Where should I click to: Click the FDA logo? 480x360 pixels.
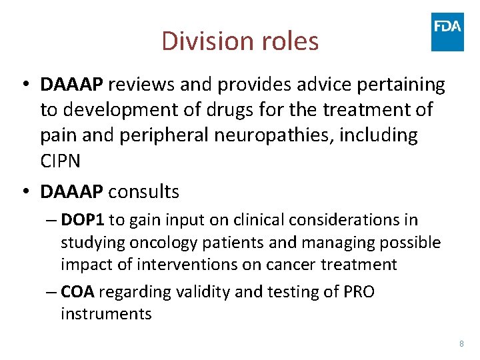click(447, 31)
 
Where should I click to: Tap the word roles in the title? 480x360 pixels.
click(287, 41)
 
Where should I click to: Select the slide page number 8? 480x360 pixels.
click(461, 343)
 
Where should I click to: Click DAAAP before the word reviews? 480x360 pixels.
click(71, 85)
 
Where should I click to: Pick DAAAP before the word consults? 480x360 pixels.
click(71, 192)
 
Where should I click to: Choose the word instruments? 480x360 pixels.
click(106, 313)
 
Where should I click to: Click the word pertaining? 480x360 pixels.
click(406, 85)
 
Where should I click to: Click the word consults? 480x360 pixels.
click(143, 192)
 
